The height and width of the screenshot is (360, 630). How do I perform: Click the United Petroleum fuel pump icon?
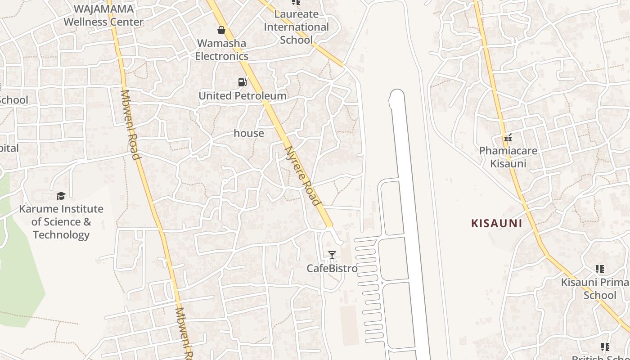[x=242, y=82]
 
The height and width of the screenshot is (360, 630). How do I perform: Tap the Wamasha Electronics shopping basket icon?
[x=221, y=30]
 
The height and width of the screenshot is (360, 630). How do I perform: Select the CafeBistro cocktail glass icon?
[x=332, y=255]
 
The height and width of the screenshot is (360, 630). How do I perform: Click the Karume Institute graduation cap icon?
[x=61, y=196]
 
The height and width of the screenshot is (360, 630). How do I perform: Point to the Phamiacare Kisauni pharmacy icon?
[x=508, y=138]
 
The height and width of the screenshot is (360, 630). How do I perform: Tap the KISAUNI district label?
[x=496, y=223]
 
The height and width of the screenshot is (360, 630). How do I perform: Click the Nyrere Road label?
[x=303, y=176]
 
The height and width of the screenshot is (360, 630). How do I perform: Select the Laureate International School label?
[x=296, y=27]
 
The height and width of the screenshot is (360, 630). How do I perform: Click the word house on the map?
[x=249, y=133]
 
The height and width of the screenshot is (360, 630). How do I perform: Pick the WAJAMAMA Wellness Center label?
[x=103, y=15]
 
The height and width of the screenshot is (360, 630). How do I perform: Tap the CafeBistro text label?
[x=332, y=269]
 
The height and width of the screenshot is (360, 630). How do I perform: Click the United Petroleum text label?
[x=242, y=96]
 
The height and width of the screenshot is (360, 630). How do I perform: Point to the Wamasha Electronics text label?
[x=221, y=50]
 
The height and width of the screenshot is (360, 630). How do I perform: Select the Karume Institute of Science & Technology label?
[x=61, y=222]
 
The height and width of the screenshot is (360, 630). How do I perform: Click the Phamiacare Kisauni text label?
[x=508, y=157]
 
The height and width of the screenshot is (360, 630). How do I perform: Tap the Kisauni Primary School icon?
[x=599, y=269]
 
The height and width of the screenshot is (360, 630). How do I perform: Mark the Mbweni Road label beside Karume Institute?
[x=130, y=125]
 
